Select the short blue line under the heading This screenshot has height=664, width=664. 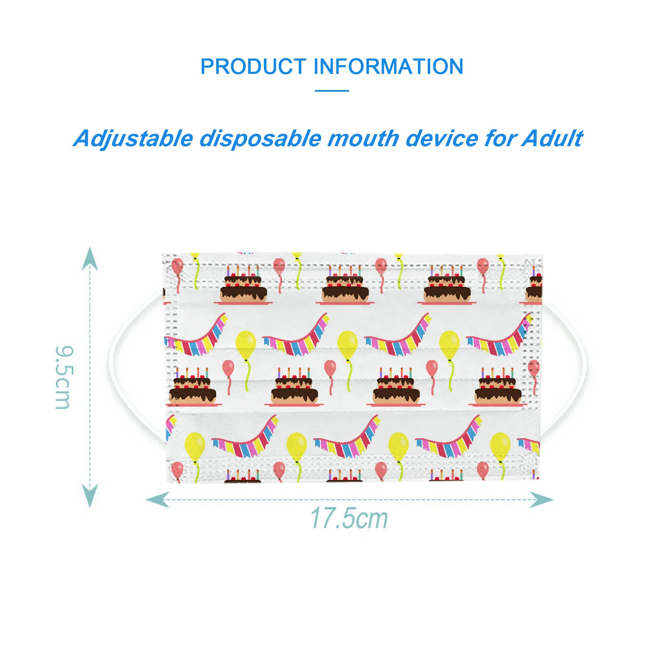coord(332,90)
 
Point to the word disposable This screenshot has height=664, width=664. coord(260,139)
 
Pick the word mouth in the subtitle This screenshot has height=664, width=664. coord(363,139)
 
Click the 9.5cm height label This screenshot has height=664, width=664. coord(64,377)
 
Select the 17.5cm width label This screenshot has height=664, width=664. coord(349,518)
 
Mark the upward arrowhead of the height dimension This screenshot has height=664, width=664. coord(90,258)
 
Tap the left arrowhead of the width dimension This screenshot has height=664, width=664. coord(158,499)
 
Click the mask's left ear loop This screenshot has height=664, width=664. coord(124,365)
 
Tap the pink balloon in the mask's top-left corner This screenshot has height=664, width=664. coord(177,266)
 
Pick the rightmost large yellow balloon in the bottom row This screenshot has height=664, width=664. coord(500,446)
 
